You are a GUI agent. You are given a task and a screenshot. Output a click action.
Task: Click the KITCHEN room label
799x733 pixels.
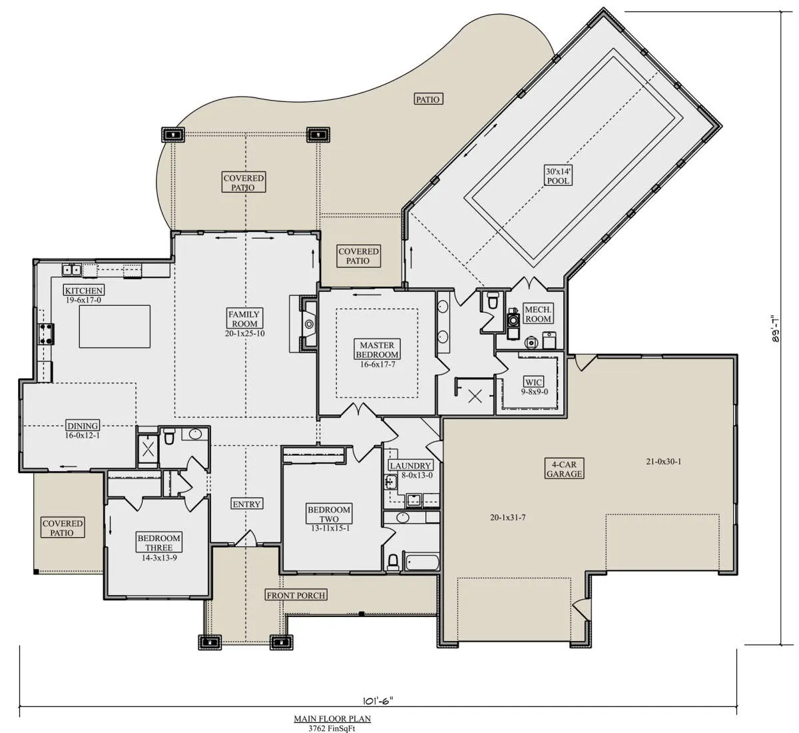pyautogui.click(x=84, y=290)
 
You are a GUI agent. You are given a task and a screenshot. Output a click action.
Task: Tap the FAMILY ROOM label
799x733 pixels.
pyautogui.click(x=244, y=319)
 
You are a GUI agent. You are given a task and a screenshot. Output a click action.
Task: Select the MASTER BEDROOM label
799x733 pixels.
pyautogui.click(x=377, y=349)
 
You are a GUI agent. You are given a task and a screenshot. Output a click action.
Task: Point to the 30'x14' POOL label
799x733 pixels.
pyautogui.click(x=558, y=176)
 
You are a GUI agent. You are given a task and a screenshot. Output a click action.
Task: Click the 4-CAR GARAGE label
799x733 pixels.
pyautogui.click(x=564, y=468)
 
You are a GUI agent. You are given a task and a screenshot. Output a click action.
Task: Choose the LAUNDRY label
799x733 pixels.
pyautogui.click(x=410, y=465)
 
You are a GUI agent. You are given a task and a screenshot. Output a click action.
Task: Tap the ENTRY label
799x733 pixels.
pyautogui.click(x=246, y=504)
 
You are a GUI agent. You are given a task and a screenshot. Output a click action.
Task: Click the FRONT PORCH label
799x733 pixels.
pyautogui.click(x=296, y=595)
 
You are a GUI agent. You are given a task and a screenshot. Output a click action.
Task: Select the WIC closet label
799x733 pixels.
pyautogui.click(x=534, y=382)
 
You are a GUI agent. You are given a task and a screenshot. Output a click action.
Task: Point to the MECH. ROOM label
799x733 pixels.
pyautogui.click(x=538, y=314)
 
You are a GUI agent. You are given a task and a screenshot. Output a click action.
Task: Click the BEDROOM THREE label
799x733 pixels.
pyautogui.click(x=158, y=542)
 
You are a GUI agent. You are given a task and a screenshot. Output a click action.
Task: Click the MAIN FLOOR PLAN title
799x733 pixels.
pyautogui.click(x=332, y=718)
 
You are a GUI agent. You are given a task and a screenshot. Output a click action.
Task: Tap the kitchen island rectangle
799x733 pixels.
pyautogui.click(x=115, y=327)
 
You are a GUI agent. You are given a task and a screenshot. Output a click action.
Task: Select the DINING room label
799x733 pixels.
pyautogui.click(x=83, y=426)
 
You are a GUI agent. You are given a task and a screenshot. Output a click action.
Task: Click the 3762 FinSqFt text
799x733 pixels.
pyautogui.click(x=332, y=728)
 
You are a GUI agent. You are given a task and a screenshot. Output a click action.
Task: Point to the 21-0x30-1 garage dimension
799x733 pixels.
pyautogui.click(x=664, y=461)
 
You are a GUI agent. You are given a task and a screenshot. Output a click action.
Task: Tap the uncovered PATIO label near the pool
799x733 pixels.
pyautogui.click(x=427, y=99)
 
